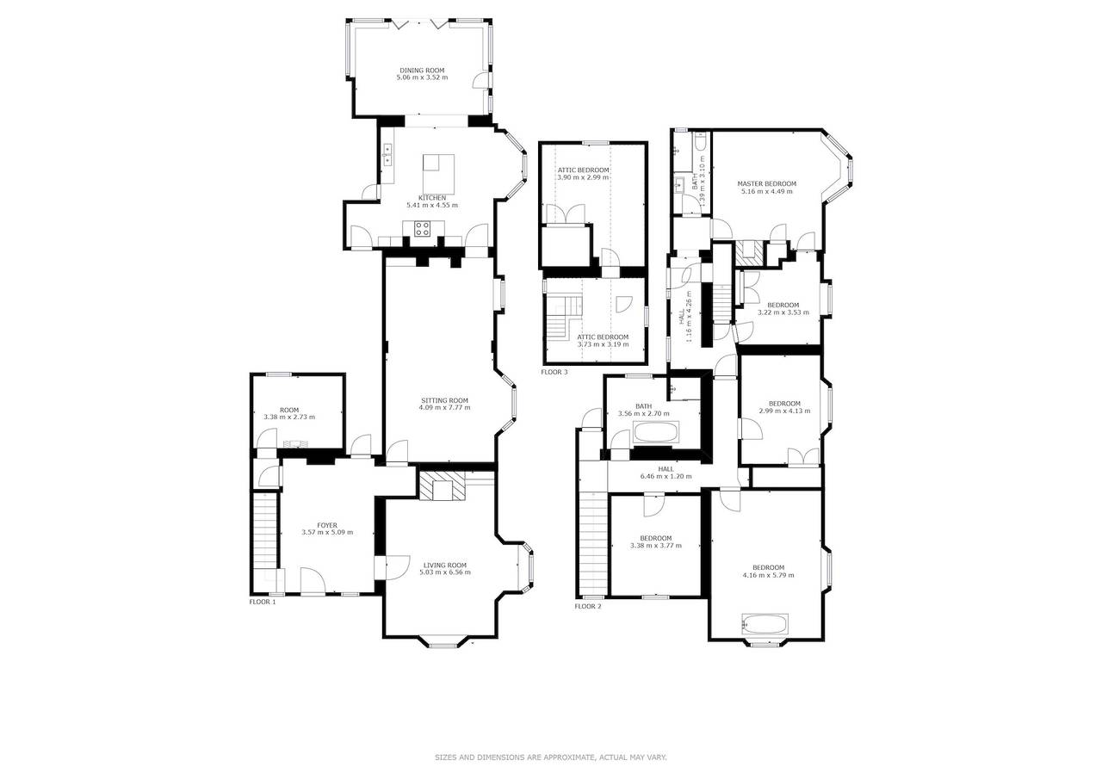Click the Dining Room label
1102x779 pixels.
[422, 71]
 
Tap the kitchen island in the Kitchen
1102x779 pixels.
[438, 174]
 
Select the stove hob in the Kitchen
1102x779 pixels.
[422, 229]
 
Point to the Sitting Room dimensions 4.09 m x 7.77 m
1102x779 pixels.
[444, 407]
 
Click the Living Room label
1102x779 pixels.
[445, 565]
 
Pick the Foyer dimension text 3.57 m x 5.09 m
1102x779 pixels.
[327, 532]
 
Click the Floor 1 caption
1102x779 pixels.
[263, 602]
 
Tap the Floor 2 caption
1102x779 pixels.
[588, 606]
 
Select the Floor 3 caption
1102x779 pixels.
[554, 372]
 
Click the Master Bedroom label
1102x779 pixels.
[766, 184]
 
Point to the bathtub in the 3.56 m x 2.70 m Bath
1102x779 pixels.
[656, 433]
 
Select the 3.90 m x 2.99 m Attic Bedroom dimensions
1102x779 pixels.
[583, 177]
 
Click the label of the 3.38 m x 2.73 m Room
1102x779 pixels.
[289, 410]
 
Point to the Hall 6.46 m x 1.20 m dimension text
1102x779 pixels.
[666, 476]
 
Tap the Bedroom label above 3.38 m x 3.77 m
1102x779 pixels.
[656, 538]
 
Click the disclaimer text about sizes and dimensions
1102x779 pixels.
[551, 757]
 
